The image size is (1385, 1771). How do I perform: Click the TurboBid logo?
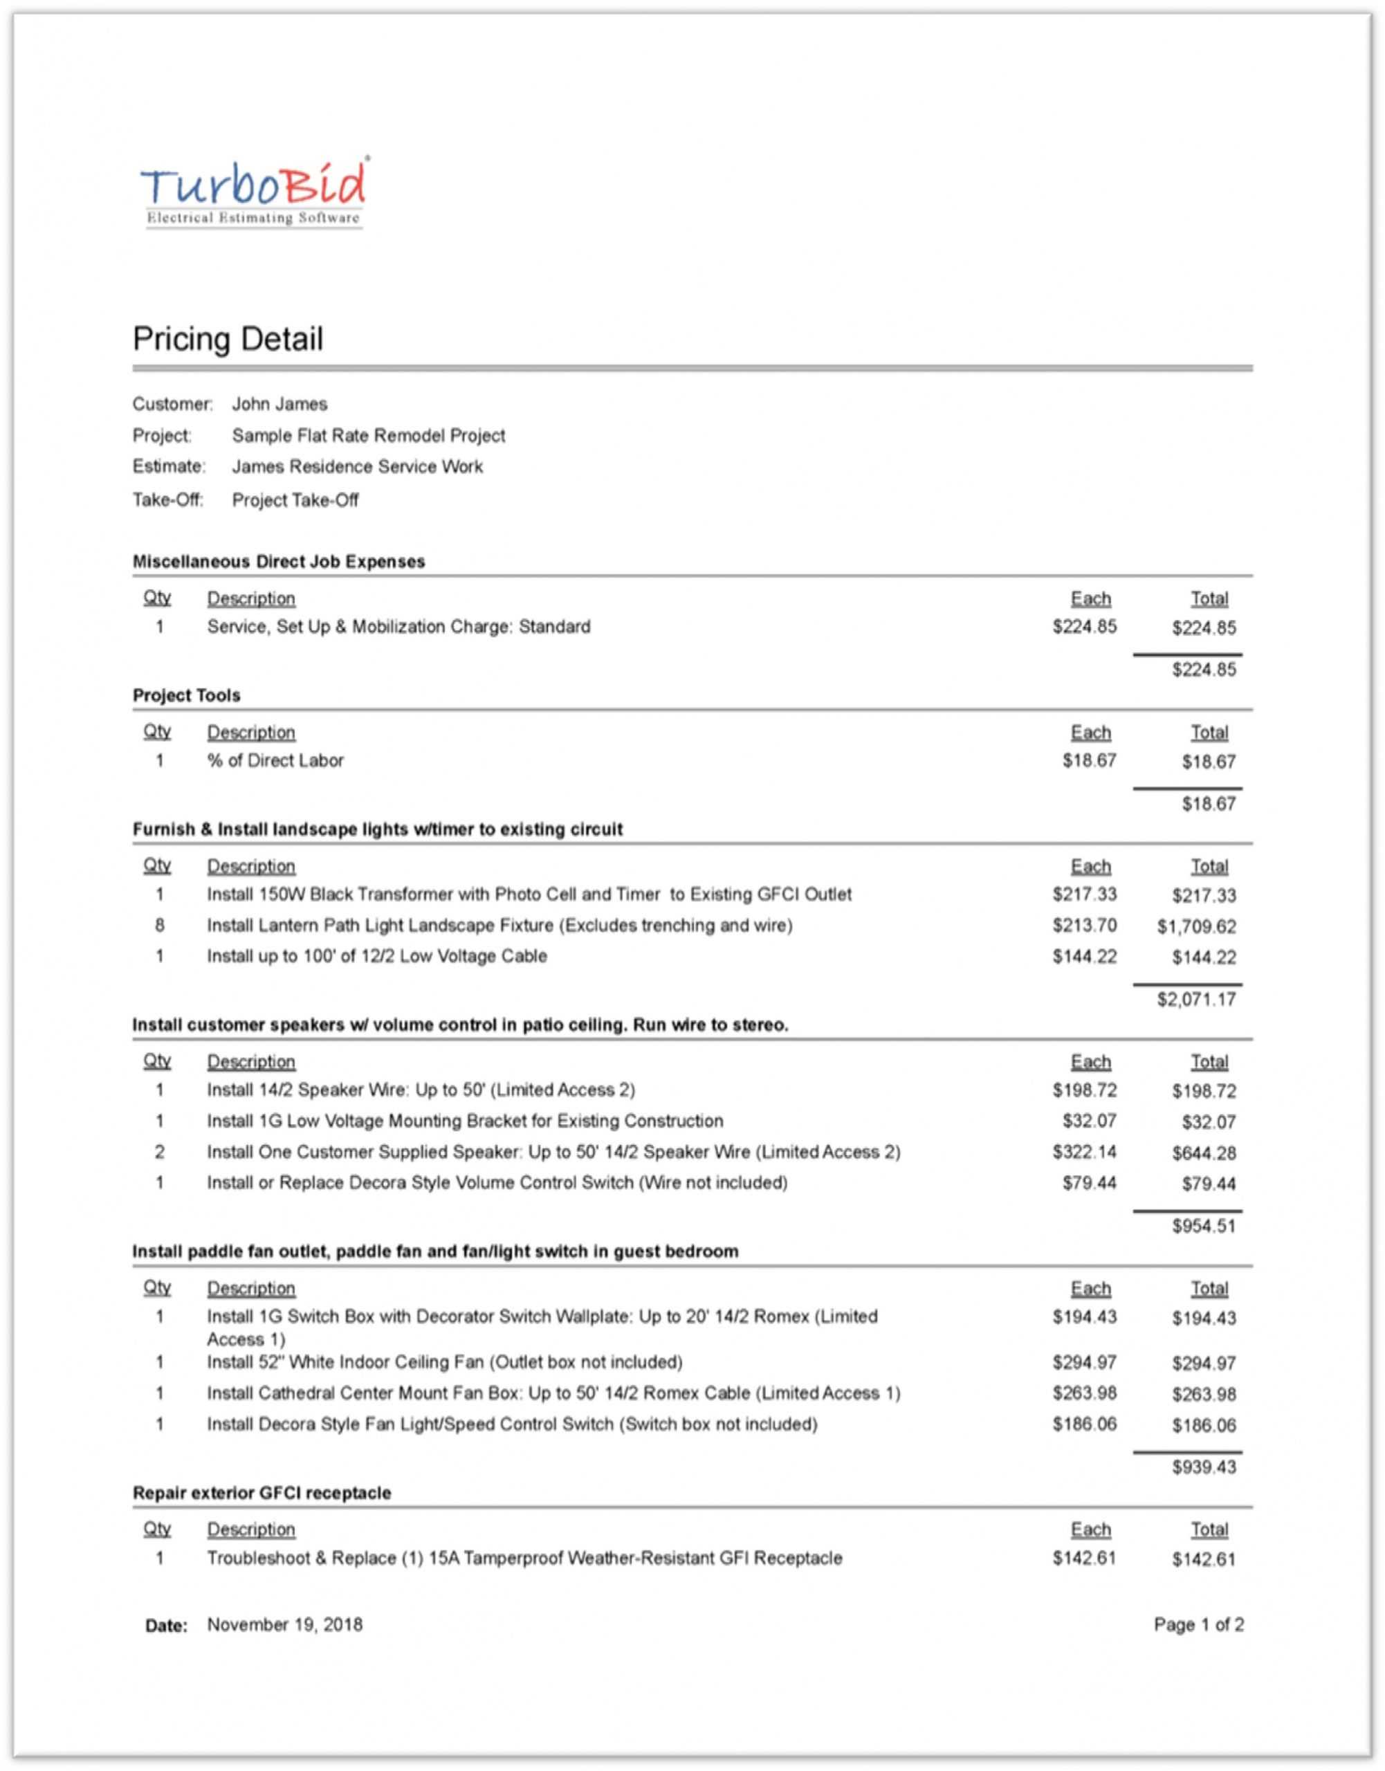click(x=255, y=193)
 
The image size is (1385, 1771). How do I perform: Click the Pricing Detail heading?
click(x=228, y=339)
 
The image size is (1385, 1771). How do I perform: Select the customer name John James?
click(x=279, y=404)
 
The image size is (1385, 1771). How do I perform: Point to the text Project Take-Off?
click(x=295, y=500)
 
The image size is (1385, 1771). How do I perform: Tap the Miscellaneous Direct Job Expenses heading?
click(x=278, y=562)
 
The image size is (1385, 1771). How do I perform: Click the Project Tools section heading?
click(x=187, y=696)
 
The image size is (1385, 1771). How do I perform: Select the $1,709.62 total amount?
click(x=1196, y=927)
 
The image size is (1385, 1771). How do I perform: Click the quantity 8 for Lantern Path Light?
click(x=160, y=925)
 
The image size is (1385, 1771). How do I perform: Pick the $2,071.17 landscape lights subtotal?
click(x=1196, y=1000)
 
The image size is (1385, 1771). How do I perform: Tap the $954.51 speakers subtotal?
click(x=1203, y=1226)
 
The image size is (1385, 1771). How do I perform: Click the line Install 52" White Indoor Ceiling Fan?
click(x=444, y=1362)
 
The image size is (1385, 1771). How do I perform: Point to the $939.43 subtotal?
click(x=1203, y=1467)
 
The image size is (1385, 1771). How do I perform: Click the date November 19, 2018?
click(x=284, y=1625)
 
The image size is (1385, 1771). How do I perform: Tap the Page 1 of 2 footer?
click(x=1198, y=1625)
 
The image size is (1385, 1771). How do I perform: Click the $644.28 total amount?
click(x=1203, y=1153)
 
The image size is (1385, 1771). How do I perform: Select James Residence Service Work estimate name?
click(x=358, y=467)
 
